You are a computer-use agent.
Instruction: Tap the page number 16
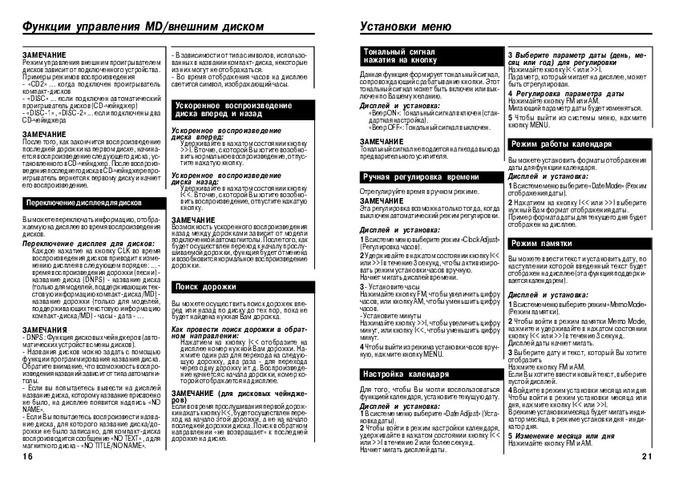27,455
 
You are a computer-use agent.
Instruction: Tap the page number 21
649,455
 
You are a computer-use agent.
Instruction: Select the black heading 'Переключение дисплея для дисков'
83,204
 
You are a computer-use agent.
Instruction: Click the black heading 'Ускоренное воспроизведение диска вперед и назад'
224,109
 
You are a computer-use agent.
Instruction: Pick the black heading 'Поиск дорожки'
200,286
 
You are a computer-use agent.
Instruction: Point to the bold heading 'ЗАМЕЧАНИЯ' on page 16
38,329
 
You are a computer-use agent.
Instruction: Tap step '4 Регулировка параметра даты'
556,94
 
